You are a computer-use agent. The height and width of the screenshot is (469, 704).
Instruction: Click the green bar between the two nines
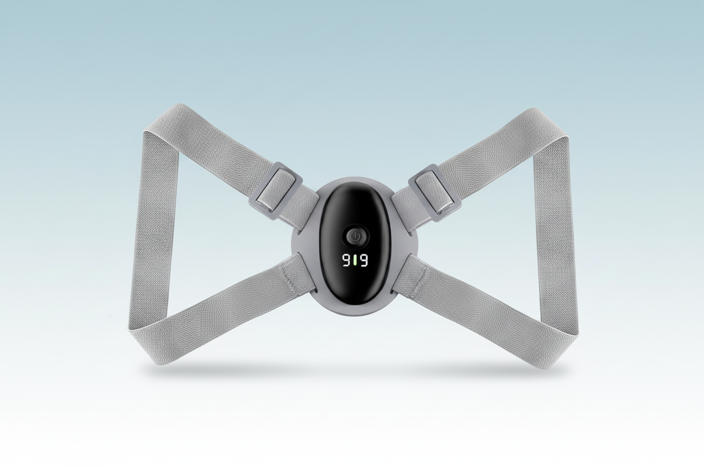tap(355, 260)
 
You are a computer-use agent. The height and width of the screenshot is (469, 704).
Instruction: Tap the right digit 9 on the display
tap(364, 260)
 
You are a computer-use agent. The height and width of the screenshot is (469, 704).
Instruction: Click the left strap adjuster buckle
tap(276, 192)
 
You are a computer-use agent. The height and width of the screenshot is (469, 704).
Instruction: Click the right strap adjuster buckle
tap(435, 193)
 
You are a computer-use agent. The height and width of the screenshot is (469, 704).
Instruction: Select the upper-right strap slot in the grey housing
tap(411, 233)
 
